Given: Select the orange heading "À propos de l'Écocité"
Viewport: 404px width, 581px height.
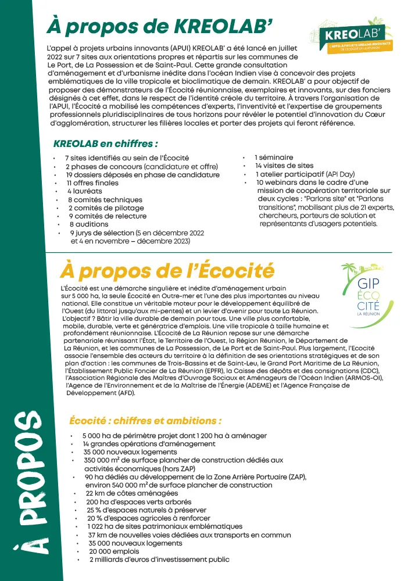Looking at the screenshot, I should (x=167, y=271).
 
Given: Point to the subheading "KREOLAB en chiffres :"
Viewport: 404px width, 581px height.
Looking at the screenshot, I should (x=105, y=144).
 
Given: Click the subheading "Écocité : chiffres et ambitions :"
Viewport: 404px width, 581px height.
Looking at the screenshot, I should (x=145, y=421).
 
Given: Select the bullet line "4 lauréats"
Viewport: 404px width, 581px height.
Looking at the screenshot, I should (x=84, y=191).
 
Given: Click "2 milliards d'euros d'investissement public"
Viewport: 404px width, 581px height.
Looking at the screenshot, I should (x=159, y=560).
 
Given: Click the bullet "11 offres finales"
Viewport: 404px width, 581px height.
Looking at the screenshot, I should (x=92, y=183).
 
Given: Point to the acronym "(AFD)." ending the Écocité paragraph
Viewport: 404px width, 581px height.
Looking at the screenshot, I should (x=126, y=393).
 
